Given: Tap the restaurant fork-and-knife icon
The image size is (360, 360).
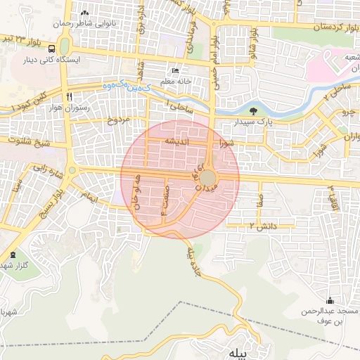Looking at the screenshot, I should click(69, 96).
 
